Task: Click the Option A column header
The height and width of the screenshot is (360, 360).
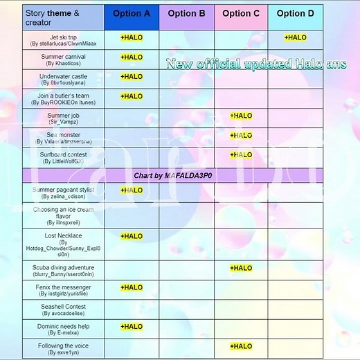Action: tap(132, 13)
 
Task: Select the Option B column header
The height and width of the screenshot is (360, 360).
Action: tap(186, 13)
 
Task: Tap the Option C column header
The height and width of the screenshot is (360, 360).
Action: tap(241, 13)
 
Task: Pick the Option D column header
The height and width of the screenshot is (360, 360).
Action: tap(296, 13)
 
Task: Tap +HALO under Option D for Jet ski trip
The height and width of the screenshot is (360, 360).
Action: tap(296, 37)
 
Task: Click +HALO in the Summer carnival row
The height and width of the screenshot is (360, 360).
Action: tap(132, 57)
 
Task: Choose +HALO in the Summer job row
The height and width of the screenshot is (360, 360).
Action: tap(241, 116)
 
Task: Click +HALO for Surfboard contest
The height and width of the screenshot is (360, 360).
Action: tap(241, 155)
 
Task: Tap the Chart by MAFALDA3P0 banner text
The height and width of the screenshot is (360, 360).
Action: tap(173, 176)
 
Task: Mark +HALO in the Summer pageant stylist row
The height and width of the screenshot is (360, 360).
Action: tap(132, 190)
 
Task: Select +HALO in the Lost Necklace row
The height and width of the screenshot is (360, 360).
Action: tap(132, 236)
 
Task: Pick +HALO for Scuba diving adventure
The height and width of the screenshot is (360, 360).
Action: tap(241, 268)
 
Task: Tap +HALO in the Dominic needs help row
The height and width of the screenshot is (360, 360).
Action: tap(132, 327)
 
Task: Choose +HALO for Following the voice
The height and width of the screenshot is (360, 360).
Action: tap(241, 346)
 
